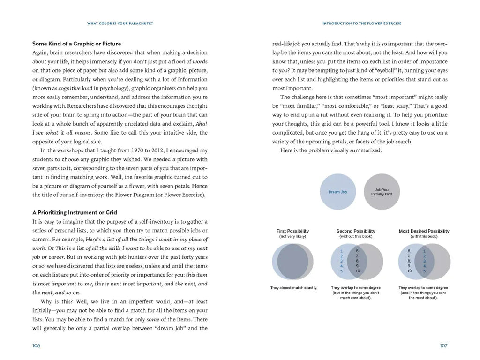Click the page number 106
36,345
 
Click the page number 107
443,345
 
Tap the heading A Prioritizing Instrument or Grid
75,212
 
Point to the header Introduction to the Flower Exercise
362,23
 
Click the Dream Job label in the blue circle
337,192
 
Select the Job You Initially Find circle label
382,192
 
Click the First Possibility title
293,231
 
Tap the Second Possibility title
356,231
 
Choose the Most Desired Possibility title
424,231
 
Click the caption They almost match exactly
293,288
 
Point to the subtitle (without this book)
356,237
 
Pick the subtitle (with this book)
424,237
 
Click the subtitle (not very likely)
293,237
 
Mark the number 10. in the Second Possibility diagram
358,271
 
